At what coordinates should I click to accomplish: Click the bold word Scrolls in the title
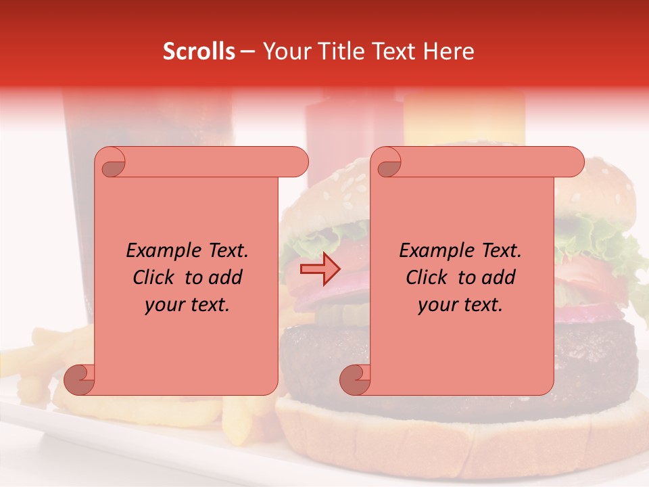pos(199,52)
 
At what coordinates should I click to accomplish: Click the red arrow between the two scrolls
pos(320,269)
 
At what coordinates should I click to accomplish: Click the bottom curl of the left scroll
pos(79,379)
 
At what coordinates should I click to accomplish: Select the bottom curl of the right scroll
pos(355,379)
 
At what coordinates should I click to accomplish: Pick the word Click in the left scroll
pos(155,277)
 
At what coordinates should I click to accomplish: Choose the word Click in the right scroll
pos(427,277)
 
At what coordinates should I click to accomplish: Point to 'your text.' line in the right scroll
pos(460,304)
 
